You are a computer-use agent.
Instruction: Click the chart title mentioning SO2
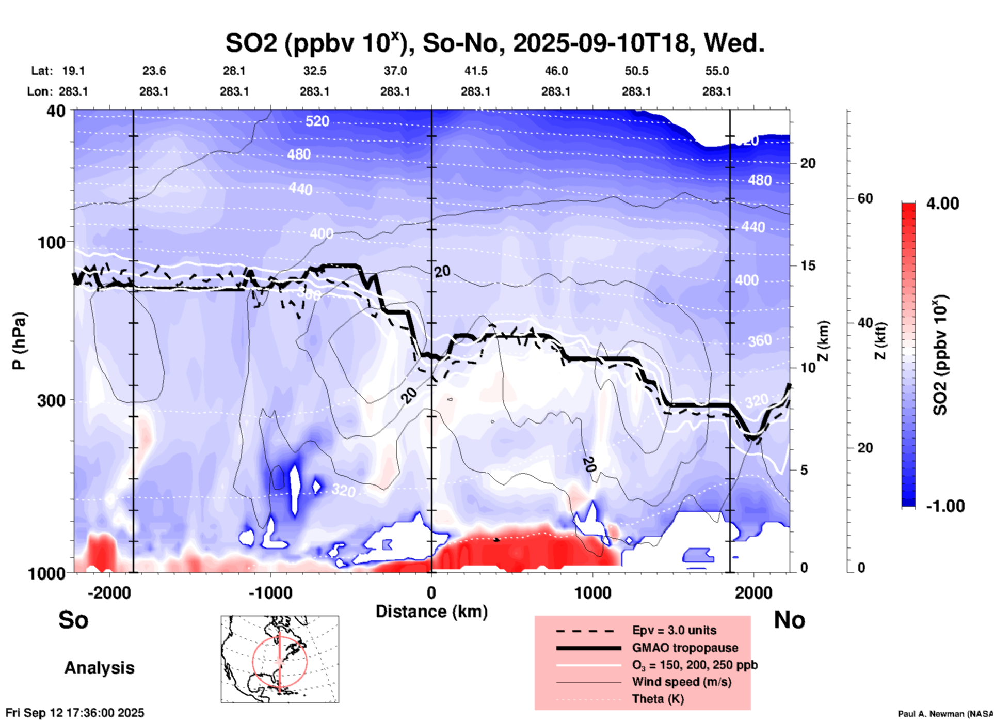click(494, 43)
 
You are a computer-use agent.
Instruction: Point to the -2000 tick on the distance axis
click(109, 592)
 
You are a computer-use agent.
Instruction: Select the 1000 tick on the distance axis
click(592, 592)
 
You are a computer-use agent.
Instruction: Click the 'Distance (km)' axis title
click(431, 612)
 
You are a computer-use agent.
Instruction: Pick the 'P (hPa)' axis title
click(19, 341)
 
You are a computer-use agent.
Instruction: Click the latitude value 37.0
click(395, 71)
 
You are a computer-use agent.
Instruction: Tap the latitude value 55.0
click(717, 71)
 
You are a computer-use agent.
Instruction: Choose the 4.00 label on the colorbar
click(942, 203)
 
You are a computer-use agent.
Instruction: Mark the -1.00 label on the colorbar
click(945, 506)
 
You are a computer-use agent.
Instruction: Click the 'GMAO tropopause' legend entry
click(685, 648)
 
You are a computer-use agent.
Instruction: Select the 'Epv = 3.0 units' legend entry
click(674, 630)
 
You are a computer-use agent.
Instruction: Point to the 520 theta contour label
click(317, 121)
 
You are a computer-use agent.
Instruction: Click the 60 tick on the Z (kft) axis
click(865, 199)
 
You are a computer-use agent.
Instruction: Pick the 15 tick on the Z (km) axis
click(808, 265)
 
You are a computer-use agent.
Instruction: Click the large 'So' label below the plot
click(73, 620)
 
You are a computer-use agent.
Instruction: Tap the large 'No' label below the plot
click(789, 620)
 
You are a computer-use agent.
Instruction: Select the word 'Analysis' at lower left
click(99, 668)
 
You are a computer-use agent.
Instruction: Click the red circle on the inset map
click(253, 661)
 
